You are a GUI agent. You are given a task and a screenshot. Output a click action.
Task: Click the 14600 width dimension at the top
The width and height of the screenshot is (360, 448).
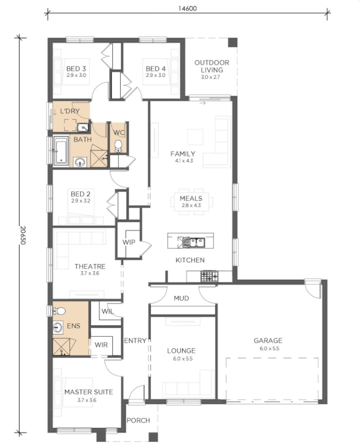coord(188,8)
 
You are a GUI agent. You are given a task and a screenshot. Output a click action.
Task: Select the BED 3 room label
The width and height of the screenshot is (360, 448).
coord(76,69)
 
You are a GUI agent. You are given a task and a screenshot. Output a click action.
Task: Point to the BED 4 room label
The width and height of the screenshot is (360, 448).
coord(156,69)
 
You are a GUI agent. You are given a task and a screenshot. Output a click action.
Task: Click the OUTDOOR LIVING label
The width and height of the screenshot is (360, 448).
coord(212,67)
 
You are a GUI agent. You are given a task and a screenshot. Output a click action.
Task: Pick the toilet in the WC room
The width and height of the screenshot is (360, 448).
coord(118,146)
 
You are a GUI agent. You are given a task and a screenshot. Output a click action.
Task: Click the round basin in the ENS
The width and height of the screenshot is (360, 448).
coord(58,327)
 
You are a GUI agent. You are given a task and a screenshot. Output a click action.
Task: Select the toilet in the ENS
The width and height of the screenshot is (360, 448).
coord(59,311)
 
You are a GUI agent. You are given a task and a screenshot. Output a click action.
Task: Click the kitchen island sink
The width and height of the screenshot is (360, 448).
coord(194,243)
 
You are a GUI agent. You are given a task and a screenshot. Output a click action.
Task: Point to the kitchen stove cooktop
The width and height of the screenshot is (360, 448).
coord(209,276)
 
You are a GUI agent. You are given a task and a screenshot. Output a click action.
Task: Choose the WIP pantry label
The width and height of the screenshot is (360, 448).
coord(128,242)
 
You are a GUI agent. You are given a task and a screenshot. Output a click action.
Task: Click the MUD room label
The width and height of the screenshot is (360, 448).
coord(181,298)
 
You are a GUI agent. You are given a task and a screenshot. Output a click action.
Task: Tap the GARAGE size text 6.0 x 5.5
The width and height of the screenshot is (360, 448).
coord(269,349)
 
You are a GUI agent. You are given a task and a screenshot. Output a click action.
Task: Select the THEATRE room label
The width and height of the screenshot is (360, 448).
coord(90,266)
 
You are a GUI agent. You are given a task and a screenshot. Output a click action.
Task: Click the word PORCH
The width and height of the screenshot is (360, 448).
coord(138,420)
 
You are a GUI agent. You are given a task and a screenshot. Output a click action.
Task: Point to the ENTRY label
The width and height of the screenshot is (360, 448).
coord(135,340)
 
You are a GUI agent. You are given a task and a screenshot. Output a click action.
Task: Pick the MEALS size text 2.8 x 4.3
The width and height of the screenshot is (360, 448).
coord(191,205)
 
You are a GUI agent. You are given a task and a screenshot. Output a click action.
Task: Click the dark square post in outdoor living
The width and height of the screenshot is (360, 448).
coord(233,43)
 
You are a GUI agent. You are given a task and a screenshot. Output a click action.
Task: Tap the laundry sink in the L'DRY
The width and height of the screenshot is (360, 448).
coord(83,127)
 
